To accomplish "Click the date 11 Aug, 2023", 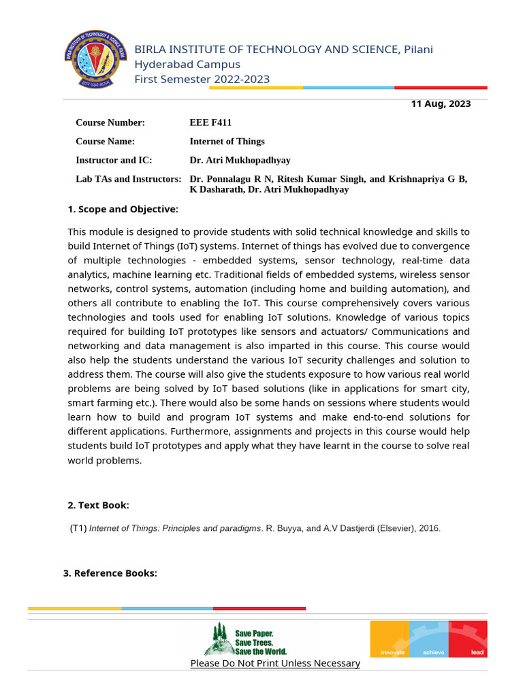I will point(441,104).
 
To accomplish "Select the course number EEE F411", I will point(210,123).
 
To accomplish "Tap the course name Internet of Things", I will point(227,142).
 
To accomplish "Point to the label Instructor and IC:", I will point(114,160).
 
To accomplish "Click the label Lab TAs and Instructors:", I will point(128,179).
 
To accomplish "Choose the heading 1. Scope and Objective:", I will point(123,209).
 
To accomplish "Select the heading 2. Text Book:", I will point(98,505).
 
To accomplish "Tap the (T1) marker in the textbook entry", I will point(78,528).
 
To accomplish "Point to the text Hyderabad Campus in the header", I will point(187,64).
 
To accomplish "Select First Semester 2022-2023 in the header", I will point(202,79).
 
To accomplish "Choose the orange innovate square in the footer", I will point(390,638).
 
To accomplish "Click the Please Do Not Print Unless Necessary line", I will point(275,663).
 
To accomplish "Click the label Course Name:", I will point(106,142).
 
